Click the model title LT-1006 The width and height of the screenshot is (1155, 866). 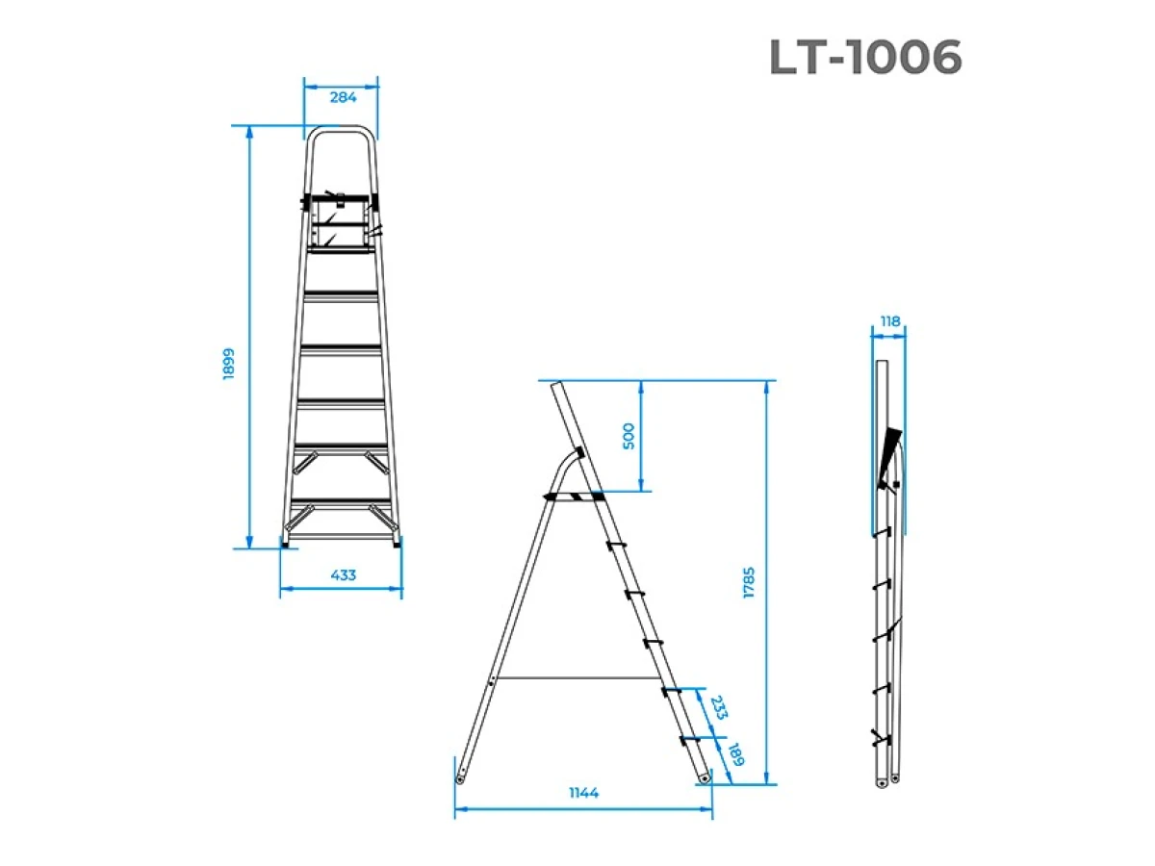point(865,59)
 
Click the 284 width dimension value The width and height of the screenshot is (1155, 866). point(343,97)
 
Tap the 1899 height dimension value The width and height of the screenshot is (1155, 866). point(229,364)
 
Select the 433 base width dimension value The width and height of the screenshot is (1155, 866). point(343,575)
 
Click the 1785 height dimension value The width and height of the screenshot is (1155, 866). point(750,584)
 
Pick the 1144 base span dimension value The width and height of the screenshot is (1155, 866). point(582,793)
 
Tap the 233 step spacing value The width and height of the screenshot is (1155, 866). point(717,709)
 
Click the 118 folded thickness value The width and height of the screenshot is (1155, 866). point(890,321)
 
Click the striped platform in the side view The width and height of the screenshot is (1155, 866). point(574,497)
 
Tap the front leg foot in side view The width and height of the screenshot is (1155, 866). point(705,775)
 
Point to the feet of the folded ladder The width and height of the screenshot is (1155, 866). point(887,779)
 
